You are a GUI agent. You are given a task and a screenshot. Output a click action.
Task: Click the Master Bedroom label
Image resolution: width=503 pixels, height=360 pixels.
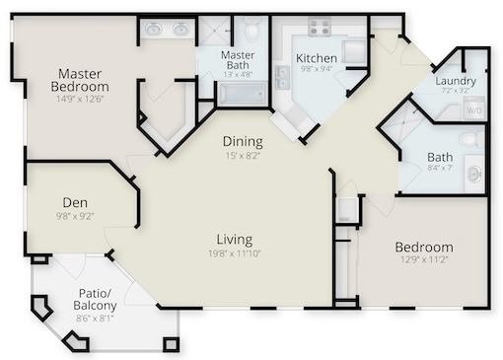pos(80,80)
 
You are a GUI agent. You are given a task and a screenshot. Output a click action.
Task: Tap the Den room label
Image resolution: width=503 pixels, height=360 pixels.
pos(75,202)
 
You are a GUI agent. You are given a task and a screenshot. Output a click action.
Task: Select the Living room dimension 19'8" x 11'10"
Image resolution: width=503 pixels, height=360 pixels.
pos(235,253)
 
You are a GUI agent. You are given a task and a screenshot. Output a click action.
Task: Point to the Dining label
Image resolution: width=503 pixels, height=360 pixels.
pos(243,141)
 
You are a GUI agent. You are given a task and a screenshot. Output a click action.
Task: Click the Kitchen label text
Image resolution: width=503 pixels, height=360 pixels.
pos(317,58)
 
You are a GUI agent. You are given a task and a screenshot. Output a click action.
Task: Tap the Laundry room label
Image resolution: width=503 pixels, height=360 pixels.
pos(456,81)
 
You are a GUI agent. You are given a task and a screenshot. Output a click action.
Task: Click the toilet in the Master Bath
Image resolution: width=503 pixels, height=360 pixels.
pos(252,29)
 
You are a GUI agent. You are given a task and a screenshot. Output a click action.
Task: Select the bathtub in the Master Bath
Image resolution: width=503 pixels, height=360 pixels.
pos(243,94)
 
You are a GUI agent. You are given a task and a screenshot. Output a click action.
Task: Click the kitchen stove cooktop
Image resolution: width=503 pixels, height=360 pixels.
pos(320,27)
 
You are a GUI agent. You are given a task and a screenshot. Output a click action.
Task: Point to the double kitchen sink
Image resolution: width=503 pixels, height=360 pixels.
pos(282,77)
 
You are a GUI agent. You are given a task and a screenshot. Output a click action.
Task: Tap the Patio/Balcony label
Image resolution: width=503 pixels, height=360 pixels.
pos(95,299)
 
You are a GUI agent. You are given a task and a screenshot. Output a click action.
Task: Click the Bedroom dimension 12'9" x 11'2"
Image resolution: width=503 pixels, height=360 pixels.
pos(424,260)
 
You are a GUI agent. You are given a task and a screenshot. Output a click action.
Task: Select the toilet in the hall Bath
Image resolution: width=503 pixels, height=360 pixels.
pos(471,140)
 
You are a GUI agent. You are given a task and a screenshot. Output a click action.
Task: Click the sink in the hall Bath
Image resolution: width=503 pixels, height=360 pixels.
pos(474,174)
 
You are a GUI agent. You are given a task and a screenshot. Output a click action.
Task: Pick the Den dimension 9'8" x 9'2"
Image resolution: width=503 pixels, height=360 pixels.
pos(75,216)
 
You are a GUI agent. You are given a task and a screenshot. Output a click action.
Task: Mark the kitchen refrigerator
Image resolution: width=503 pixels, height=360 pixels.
pos(354,51)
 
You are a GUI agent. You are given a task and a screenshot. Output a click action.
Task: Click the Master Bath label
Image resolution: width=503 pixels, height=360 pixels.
pos(238,60)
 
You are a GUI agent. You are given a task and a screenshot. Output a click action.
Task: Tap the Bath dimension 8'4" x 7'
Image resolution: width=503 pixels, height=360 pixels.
pos(440,168)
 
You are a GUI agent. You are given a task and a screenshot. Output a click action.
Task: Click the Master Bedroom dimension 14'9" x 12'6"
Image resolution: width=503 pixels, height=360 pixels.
pos(80,99)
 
